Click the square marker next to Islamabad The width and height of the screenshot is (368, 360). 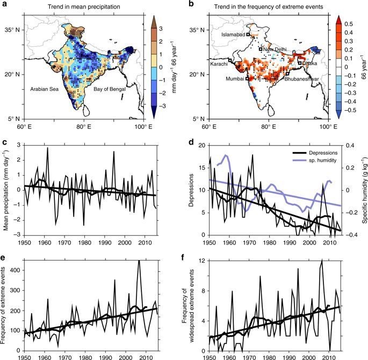pyautogui.click(x=248, y=35)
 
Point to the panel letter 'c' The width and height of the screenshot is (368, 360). pyautogui.click(x=4, y=143)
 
